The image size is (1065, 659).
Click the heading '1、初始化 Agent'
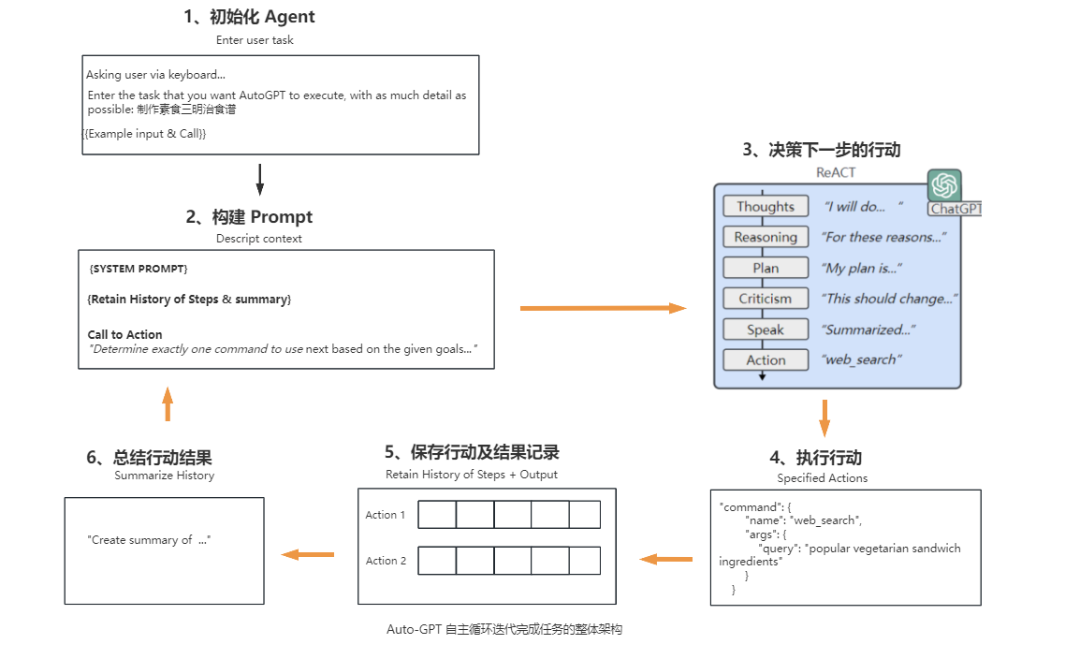tap(249, 16)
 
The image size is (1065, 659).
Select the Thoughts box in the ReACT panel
tap(765, 206)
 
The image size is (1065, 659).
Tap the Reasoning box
tap(765, 237)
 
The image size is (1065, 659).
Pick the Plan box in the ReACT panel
tap(765, 268)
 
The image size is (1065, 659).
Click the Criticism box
tap(765, 299)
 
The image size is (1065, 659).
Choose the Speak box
tap(765, 329)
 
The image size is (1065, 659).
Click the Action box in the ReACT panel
tap(765, 360)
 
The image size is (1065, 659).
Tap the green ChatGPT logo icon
tap(944, 185)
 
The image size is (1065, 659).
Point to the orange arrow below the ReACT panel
tap(824, 417)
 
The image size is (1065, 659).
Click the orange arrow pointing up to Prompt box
tap(168, 403)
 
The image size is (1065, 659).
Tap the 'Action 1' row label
tap(386, 515)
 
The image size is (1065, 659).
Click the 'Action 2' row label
tap(386, 561)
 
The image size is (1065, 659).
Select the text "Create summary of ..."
tap(149, 540)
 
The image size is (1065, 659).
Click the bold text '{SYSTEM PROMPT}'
tap(139, 269)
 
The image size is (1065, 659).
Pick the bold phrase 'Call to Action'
tap(124, 334)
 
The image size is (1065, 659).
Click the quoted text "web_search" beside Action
tap(859, 360)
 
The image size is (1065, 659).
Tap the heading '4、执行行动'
tap(815, 458)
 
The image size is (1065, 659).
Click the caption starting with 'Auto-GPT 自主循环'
tap(504, 630)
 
